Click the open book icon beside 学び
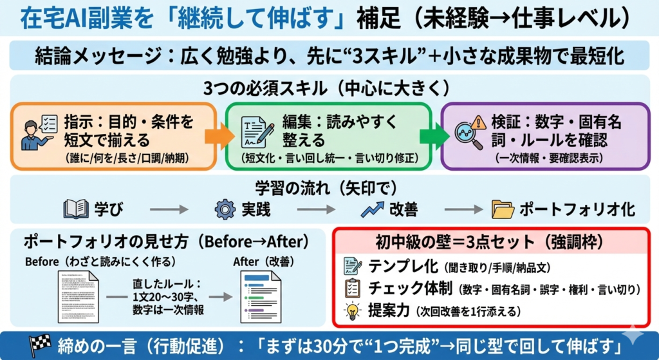76,209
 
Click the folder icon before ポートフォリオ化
502,209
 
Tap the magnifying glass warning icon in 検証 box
469,131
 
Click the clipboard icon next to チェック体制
353,288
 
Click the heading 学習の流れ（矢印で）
329,188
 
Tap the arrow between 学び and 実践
169,209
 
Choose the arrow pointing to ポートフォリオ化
464,209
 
